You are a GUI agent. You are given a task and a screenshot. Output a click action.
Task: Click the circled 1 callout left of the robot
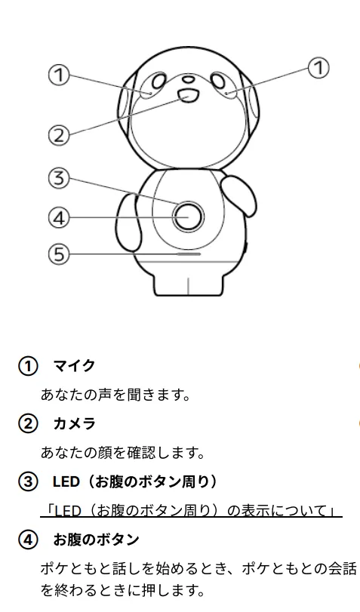(x=59, y=75)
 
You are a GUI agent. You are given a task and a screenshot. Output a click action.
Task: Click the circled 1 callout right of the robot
(x=319, y=67)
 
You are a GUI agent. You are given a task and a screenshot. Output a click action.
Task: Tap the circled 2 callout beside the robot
(x=59, y=135)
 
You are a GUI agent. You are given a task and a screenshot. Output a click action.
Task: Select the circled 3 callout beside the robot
(x=59, y=178)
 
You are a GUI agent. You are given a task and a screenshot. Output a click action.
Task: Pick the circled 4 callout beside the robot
(x=59, y=217)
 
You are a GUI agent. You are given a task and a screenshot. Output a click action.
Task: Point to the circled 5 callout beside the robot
(x=59, y=254)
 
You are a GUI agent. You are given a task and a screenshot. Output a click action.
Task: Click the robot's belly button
(x=189, y=217)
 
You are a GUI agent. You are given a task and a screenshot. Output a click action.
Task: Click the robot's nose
(x=189, y=78)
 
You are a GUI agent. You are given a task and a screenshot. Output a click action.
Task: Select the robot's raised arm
(x=239, y=194)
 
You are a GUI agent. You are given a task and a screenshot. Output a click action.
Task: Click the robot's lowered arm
(x=128, y=222)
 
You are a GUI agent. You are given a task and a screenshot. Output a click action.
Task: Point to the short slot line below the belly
(x=189, y=254)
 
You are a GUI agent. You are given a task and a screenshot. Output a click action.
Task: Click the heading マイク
(x=74, y=366)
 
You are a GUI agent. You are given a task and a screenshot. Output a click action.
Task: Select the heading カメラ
(x=74, y=423)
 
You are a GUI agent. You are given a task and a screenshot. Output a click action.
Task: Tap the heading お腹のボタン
(x=96, y=540)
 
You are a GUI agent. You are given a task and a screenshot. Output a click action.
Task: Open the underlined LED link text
(x=192, y=511)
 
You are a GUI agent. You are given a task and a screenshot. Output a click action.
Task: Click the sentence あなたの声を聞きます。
(x=115, y=395)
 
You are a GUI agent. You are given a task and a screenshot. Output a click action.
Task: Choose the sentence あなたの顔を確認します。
(x=122, y=453)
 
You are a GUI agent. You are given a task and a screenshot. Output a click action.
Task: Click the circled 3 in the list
(x=28, y=482)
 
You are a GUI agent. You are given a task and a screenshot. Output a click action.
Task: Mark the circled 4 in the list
(x=28, y=540)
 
